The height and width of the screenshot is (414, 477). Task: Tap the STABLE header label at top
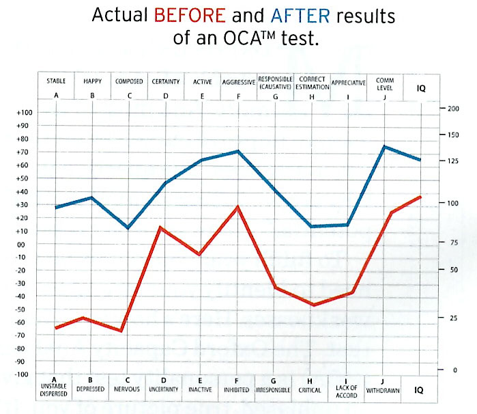pyautogui.click(x=56, y=82)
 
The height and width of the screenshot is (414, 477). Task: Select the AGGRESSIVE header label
pyautogui.click(x=239, y=82)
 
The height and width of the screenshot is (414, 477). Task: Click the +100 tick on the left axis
pyautogui.click(x=24, y=113)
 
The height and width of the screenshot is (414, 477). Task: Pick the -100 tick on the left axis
pyautogui.click(x=24, y=374)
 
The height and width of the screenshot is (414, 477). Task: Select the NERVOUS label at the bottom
pyautogui.click(x=128, y=389)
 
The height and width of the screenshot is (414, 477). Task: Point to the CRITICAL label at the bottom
pyautogui.click(x=311, y=389)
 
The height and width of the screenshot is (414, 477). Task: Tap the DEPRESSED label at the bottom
pyautogui.click(x=91, y=389)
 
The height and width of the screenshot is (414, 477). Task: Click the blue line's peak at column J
pyautogui.click(x=384, y=146)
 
